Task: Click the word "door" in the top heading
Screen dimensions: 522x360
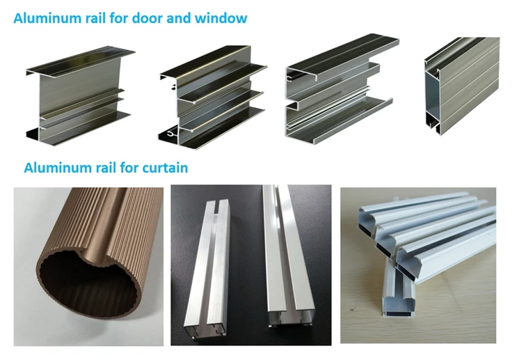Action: click(147, 17)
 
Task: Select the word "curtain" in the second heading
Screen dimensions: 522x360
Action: click(165, 168)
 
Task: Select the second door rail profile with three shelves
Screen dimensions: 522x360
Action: click(213, 97)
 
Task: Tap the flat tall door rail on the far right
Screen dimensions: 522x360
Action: click(463, 85)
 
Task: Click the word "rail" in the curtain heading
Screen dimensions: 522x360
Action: click(106, 168)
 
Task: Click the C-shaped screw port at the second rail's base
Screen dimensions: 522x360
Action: click(171, 134)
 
